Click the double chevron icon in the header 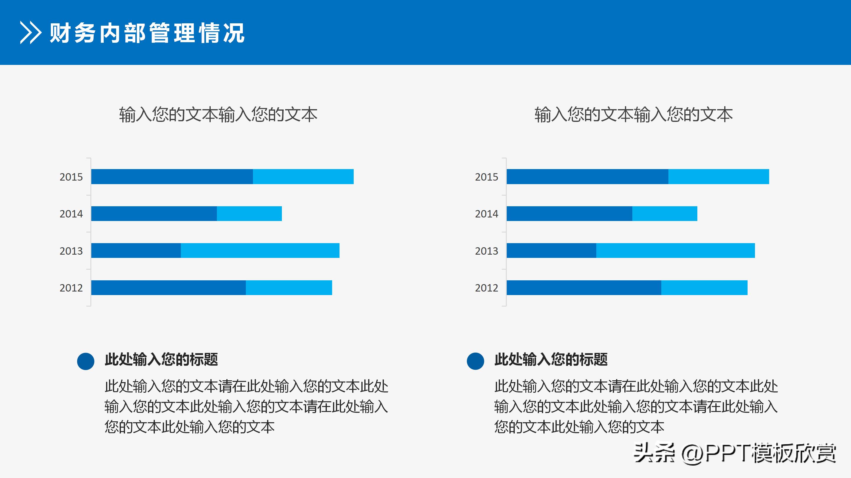click(30, 33)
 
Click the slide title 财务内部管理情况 click(147, 33)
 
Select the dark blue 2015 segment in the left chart click(172, 176)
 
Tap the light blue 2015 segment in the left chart click(303, 176)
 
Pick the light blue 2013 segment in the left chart click(260, 251)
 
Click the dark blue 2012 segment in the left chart click(168, 288)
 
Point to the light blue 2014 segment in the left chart click(249, 213)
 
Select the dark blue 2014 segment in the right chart click(569, 213)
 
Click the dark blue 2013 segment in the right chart click(551, 251)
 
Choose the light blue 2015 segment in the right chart click(719, 176)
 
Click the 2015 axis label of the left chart click(71, 177)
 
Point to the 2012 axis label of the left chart click(71, 288)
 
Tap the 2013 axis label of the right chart click(486, 251)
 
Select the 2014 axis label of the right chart click(486, 214)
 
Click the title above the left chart click(218, 115)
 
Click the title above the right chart click(633, 115)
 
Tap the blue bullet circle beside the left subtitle click(86, 361)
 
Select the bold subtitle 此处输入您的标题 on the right click(551, 359)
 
